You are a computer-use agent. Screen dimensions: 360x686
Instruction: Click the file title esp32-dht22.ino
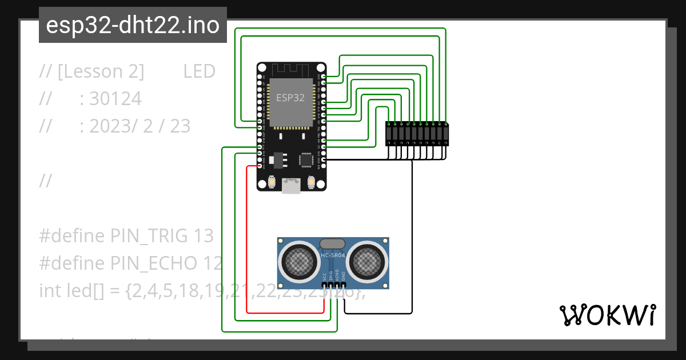coord(133,25)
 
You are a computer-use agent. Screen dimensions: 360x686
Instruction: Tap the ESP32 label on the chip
coord(290,98)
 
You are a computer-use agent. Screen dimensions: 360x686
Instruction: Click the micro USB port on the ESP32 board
coord(292,186)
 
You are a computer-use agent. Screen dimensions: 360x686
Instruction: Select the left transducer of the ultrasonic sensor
coord(299,262)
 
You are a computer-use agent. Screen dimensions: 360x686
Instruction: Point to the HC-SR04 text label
coord(333,255)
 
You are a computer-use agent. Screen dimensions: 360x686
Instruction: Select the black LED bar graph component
coord(417,134)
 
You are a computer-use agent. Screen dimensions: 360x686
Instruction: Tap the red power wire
coord(247,240)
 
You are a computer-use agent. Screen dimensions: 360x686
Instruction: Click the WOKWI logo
coord(607,315)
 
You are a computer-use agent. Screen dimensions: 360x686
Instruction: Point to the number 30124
coord(115,99)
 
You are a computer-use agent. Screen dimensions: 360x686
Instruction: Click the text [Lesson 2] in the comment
coord(101,71)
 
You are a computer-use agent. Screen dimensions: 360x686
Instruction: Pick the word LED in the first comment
coord(199,71)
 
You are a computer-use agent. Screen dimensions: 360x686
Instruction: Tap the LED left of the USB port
coord(272,182)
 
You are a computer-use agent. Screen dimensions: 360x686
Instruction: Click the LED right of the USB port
coord(311,182)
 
